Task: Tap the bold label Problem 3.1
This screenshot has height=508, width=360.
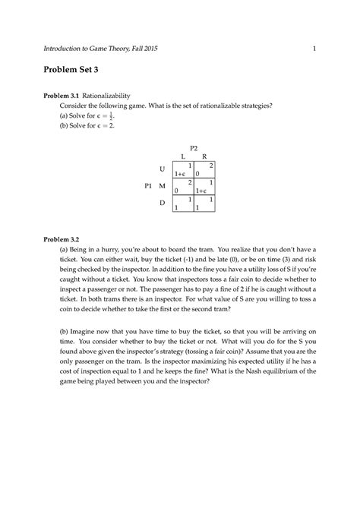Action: [x=63, y=96]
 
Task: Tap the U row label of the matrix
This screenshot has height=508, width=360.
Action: [x=162, y=169]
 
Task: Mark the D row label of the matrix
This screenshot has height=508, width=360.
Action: [x=162, y=203]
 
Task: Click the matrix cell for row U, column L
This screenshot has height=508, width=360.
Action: [x=183, y=169]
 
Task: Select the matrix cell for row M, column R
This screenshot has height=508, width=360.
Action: [x=204, y=186]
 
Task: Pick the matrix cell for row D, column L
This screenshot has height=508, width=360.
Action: [x=183, y=203]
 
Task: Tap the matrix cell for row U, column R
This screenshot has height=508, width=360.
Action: [x=204, y=169]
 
